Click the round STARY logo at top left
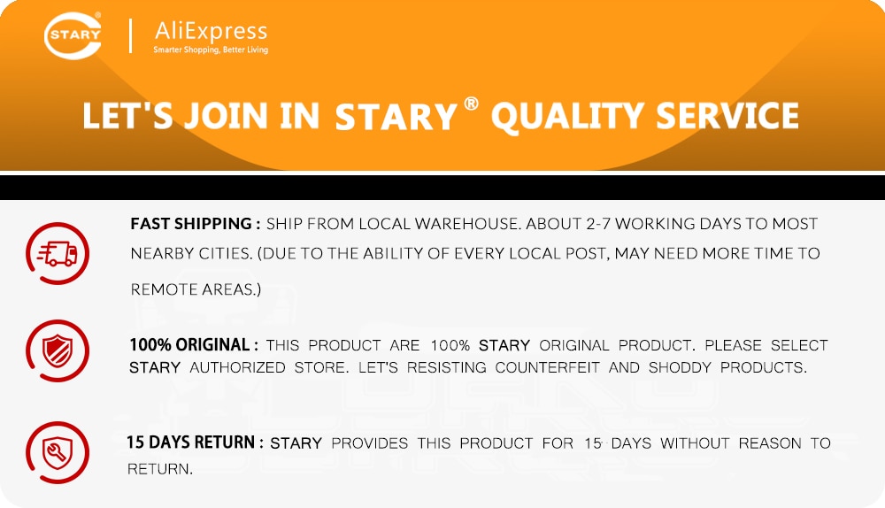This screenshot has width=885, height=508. (x=73, y=35)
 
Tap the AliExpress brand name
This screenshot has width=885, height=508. (x=212, y=31)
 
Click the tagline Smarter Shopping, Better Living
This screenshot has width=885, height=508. (x=211, y=50)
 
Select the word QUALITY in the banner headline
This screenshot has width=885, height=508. (x=566, y=117)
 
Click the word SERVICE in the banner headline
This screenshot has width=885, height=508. (x=727, y=115)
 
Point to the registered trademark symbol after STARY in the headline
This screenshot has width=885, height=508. (x=472, y=104)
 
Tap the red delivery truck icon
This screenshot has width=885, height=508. (x=57, y=253)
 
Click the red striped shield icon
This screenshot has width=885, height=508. (x=57, y=350)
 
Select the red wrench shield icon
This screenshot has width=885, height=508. (x=57, y=452)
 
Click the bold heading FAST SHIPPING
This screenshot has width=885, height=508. (x=191, y=224)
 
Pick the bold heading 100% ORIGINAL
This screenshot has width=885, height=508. (x=189, y=344)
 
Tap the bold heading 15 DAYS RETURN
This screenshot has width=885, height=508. (x=191, y=442)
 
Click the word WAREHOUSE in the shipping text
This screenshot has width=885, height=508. (x=466, y=224)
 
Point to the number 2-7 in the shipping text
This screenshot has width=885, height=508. (x=598, y=224)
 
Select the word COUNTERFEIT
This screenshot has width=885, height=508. (x=547, y=367)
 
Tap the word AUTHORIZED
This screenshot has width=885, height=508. (x=237, y=367)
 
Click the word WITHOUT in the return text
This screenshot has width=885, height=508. (x=695, y=443)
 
